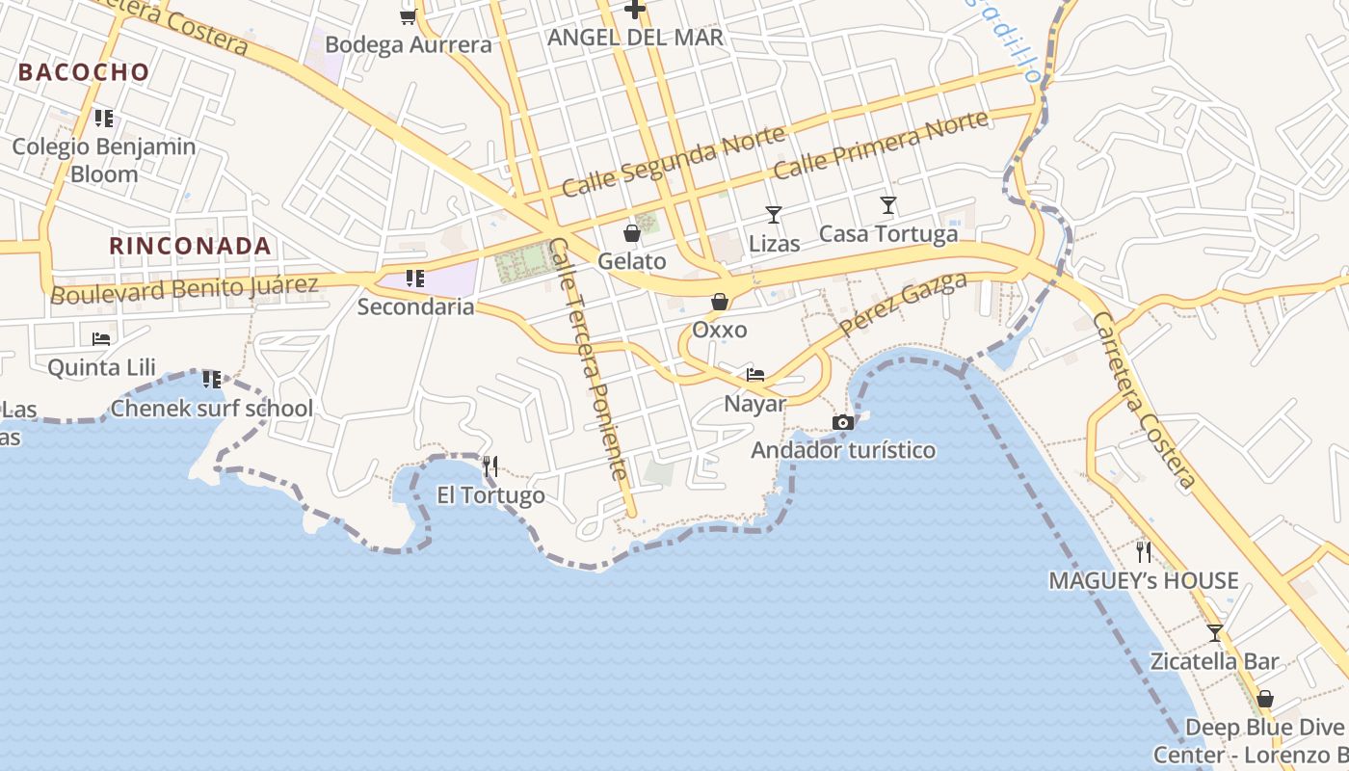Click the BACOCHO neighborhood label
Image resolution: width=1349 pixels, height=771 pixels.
(x=84, y=72)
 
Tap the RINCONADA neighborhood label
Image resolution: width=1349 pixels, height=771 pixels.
(x=190, y=246)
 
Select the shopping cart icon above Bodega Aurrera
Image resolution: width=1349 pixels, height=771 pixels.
(x=408, y=16)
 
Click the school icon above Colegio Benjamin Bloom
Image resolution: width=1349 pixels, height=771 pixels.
(x=104, y=119)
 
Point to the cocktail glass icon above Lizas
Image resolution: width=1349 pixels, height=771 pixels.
(x=773, y=214)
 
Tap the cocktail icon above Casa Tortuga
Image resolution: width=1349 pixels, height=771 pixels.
(x=887, y=205)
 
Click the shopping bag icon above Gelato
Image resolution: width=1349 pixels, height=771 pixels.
(x=632, y=233)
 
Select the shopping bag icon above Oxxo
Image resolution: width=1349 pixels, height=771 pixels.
(x=719, y=302)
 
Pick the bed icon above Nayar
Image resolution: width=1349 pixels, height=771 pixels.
(x=755, y=375)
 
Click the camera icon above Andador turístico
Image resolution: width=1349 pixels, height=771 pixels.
(x=842, y=422)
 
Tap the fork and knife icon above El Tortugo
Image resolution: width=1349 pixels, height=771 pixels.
(x=490, y=467)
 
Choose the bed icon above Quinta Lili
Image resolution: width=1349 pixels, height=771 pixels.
(x=101, y=339)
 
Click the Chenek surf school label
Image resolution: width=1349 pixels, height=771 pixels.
(x=212, y=409)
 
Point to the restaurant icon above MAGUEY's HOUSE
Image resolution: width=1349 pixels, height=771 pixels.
(x=1144, y=552)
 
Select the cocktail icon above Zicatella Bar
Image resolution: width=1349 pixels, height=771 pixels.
(x=1215, y=633)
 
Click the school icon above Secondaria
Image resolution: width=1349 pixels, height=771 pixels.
(x=415, y=279)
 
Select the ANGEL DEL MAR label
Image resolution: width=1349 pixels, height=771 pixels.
(x=635, y=38)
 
